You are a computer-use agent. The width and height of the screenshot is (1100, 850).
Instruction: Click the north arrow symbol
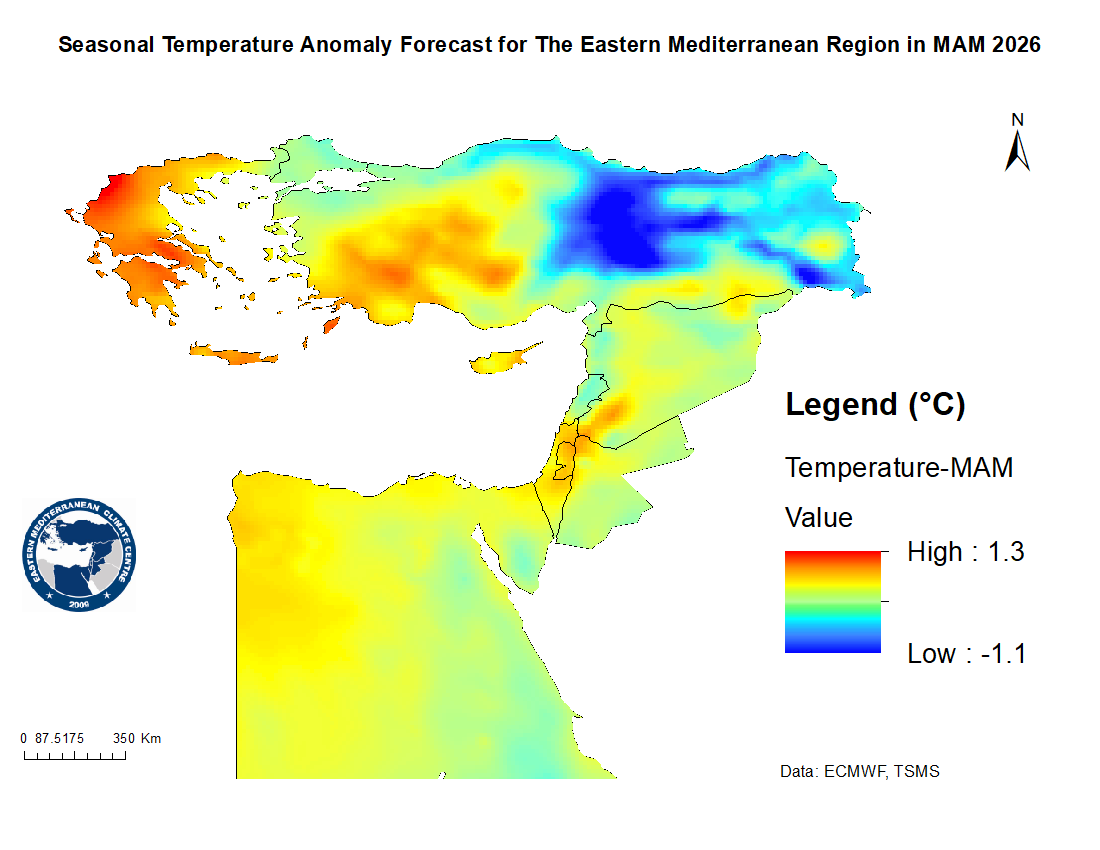pos(1018,151)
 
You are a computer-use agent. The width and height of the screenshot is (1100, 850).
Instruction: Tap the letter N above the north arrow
pos(1018,120)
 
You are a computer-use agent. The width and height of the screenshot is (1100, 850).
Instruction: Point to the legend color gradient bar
pos(833,601)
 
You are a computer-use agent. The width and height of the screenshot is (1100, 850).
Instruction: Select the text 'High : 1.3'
pos(965,551)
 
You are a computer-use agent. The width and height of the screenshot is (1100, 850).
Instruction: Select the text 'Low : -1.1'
pos(966,654)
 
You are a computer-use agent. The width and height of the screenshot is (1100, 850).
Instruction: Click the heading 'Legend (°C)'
pos(875,405)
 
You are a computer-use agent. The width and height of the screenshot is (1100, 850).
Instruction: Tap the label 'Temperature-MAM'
pos(899,467)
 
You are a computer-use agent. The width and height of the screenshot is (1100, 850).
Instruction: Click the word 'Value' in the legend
pos(819,518)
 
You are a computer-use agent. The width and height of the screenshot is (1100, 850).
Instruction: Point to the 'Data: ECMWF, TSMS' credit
pos(859,772)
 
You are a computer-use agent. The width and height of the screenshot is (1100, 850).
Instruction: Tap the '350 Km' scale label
pos(137,739)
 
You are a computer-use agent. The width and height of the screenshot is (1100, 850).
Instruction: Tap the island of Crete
pos(236,354)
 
